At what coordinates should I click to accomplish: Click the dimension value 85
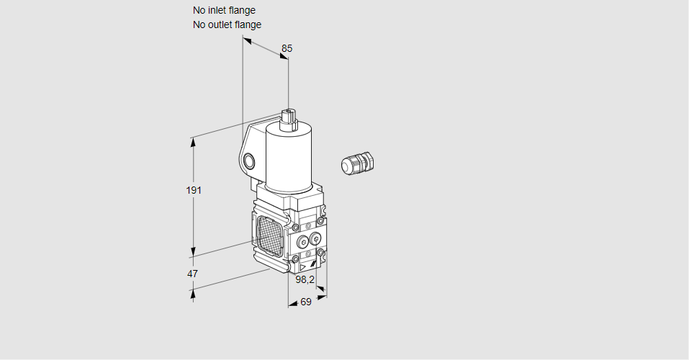(287, 48)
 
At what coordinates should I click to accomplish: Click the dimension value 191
(193, 190)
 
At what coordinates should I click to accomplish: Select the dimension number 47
(192, 274)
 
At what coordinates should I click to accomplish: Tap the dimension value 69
(305, 302)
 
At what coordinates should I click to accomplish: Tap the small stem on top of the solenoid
(289, 118)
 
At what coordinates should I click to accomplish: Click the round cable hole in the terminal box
(249, 161)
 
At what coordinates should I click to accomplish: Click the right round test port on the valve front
(315, 239)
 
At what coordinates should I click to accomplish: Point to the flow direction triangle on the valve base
(303, 267)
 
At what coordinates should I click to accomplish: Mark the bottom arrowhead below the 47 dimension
(193, 292)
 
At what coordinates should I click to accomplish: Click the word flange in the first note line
(242, 10)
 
